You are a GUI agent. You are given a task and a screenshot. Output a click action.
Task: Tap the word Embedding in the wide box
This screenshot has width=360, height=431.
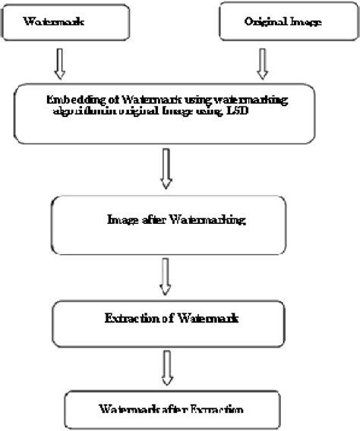click(x=70, y=99)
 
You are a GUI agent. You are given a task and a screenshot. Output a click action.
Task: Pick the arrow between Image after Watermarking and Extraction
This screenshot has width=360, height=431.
click(x=166, y=276)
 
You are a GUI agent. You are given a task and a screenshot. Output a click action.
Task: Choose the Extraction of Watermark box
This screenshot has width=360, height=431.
click(x=170, y=321)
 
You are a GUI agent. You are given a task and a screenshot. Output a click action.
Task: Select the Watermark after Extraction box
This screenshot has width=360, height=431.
click(x=170, y=410)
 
